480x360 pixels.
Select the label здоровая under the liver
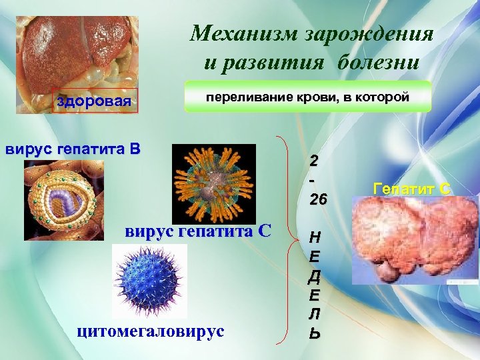pos(94,102)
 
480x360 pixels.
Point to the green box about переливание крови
pos(307,97)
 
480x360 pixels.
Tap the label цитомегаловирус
pos(151,331)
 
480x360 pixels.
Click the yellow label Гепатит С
pos(412,189)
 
